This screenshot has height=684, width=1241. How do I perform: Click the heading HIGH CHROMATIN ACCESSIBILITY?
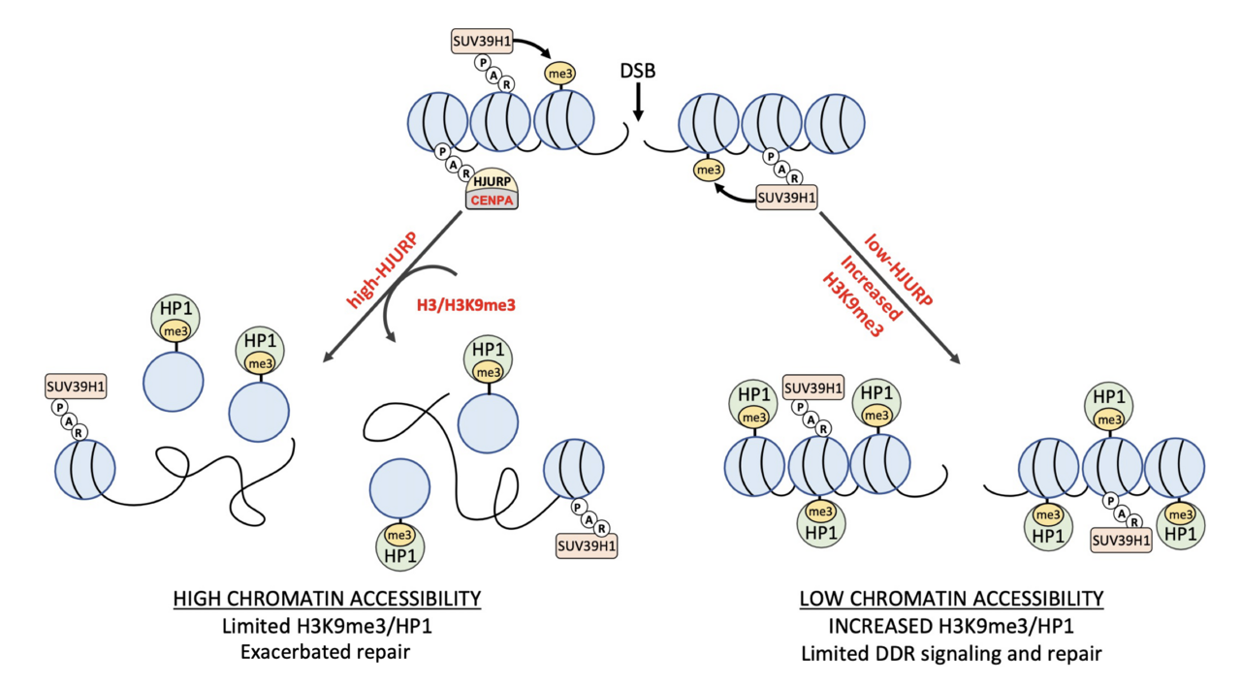327,600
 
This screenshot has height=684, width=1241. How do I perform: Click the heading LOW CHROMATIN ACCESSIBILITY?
951,600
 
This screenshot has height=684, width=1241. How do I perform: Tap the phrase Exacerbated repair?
327,652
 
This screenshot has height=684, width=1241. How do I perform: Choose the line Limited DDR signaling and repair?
951,652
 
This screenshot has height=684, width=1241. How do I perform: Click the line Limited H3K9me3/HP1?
327,626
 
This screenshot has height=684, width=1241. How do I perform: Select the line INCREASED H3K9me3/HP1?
951,626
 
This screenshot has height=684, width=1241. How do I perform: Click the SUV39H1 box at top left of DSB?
482,42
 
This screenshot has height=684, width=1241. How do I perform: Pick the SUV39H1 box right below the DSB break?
786,198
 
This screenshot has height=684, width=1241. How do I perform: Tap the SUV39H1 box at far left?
76,387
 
